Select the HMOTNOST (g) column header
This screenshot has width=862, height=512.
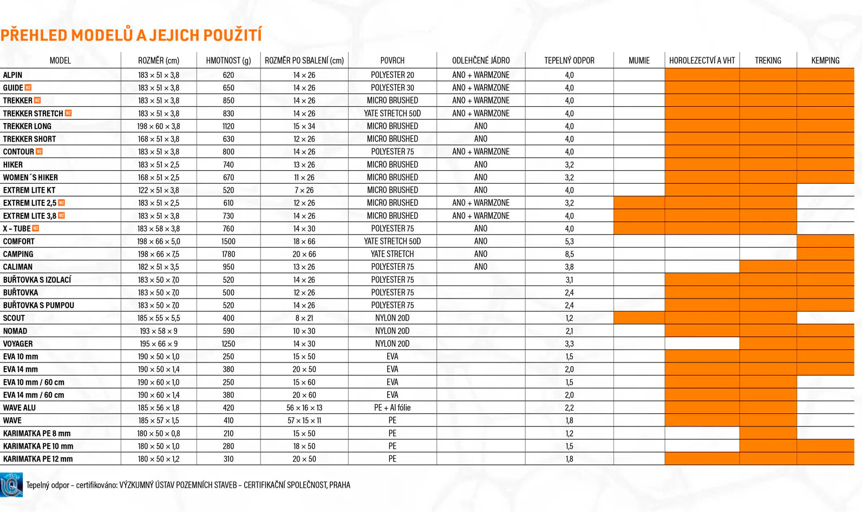pyautogui.click(x=228, y=61)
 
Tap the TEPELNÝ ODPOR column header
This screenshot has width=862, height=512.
pyautogui.click(x=569, y=61)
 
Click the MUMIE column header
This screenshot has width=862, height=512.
pyautogui.click(x=639, y=61)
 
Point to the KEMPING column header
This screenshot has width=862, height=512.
pyautogui.click(x=825, y=61)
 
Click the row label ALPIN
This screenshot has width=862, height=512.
pyautogui.click(x=13, y=75)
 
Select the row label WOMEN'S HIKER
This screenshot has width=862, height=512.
pyautogui.click(x=30, y=178)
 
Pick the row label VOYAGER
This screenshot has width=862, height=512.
pyautogui.click(x=18, y=344)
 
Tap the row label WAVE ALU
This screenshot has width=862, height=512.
pyautogui.click(x=19, y=408)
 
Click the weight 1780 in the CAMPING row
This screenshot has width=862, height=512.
pyautogui.click(x=228, y=254)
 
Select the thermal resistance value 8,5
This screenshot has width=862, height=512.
pyautogui.click(x=569, y=254)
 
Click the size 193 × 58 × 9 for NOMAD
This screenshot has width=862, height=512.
pyautogui.click(x=159, y=331)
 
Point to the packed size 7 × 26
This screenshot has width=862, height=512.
pyautogui.click(x=304, y=190)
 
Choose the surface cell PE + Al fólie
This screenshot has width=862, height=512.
pyautogui.click(x=392, y=408)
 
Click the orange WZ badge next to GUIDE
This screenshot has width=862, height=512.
pyautogui.click(x=28, y=88)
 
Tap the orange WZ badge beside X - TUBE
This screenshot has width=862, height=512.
pyautogui.click(x=36, y=229)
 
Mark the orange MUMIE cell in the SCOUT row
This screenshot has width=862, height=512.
pyautogui.click(x=639, y=318)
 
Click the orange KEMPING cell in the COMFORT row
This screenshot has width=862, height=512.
pyautogui.click(x=825, y=241)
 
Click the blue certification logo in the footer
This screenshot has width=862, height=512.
pyautogui.click(x=11, y=485)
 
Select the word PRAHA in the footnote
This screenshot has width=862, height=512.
pyautogui.click(x=340, y=485)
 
